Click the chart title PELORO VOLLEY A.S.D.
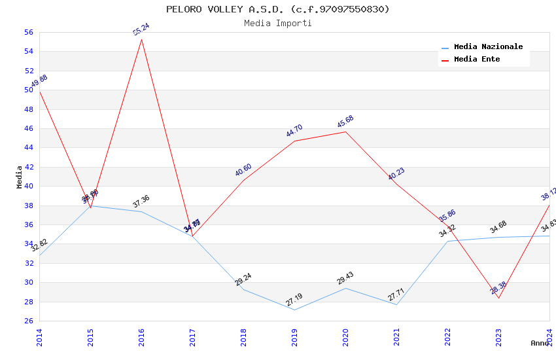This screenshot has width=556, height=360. (x=277, y=9)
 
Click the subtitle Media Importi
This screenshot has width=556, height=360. (x=277, y=23)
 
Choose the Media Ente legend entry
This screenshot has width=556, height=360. (x=477, y=60)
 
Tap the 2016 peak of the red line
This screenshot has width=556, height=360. (x=141, y=39)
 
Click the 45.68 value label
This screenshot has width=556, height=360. (x=345, y=122)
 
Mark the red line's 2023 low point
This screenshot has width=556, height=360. (x=498, y=298)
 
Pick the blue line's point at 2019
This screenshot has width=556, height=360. (x=294, y=310)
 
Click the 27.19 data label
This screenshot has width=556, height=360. (x=294, y=300)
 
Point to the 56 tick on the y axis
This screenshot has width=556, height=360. (x=28, y=32)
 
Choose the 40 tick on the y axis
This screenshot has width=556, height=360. (x=28, y=187)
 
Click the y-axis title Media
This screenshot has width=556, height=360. (x=19, y=177)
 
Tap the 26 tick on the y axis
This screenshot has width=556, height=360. (x=28, y=321)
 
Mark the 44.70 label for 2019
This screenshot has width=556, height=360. (x=294, y=131)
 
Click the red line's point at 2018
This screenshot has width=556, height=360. (x=243, y=180)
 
